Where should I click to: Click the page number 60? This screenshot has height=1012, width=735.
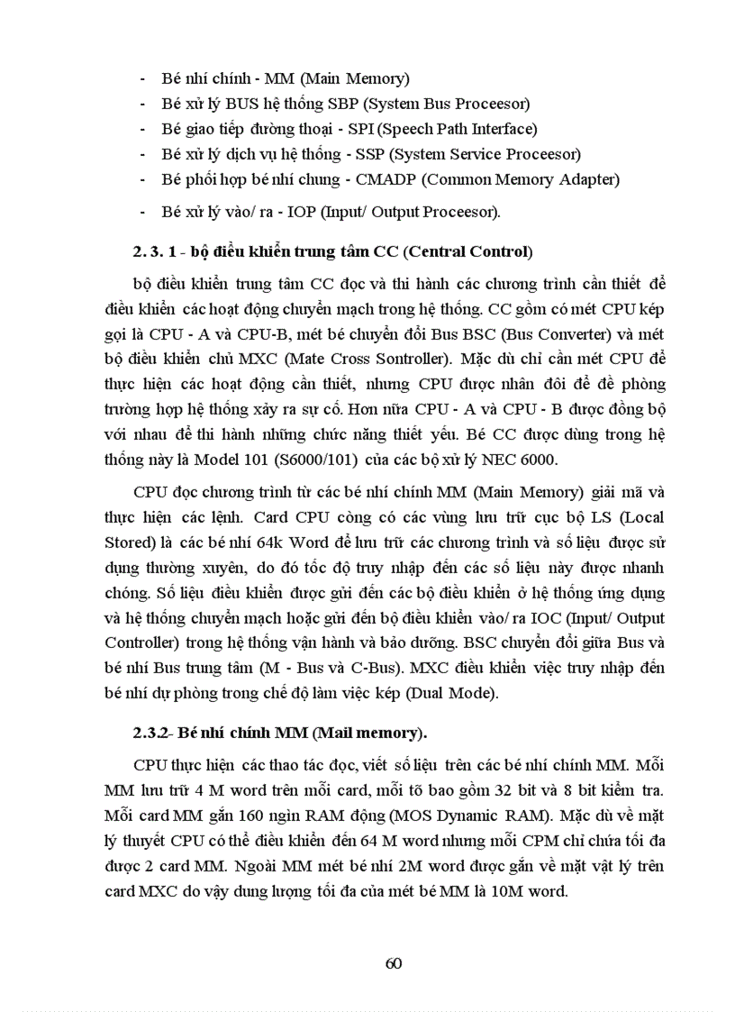pos(393,962)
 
